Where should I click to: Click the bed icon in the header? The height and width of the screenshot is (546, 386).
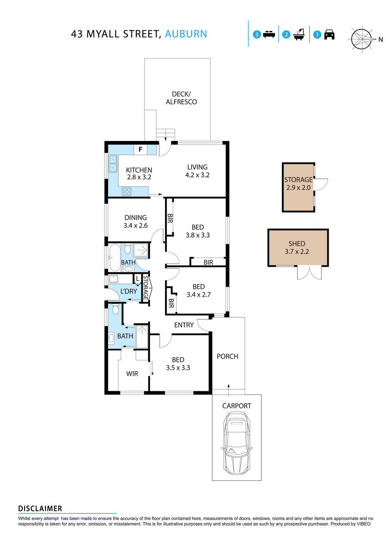tap(269, 35)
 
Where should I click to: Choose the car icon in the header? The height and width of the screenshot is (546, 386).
tap(329, 35)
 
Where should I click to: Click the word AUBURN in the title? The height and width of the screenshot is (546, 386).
tap(186, 34)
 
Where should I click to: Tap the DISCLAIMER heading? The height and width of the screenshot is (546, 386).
tap(40, 508)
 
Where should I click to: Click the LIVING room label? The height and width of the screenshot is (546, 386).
tap(197, 167)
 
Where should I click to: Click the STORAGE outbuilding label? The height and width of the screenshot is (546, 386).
tap(298, 180)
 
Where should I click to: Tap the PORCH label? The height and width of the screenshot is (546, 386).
tap(227, 356)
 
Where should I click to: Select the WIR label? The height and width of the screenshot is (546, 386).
tap(132, 374)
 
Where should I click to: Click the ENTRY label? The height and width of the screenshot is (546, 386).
tap(184, 325)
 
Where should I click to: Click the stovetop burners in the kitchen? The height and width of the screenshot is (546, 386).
tap(127, 192)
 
